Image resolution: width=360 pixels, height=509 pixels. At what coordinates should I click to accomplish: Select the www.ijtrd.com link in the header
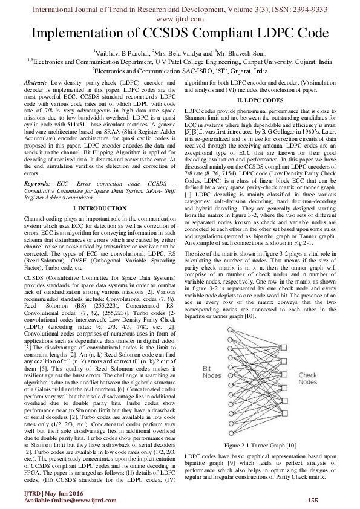pos(180,18)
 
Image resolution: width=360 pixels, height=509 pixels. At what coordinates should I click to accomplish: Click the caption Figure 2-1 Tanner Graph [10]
pos(259,446)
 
